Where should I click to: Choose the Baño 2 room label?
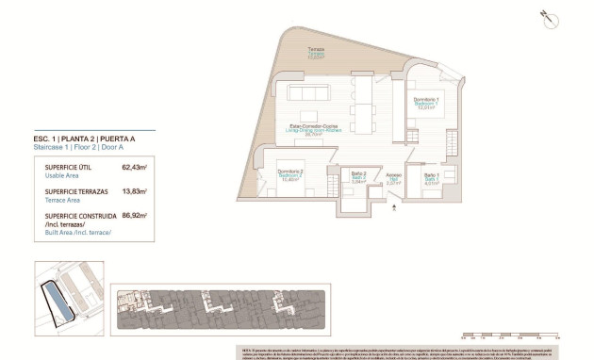pos(358,176)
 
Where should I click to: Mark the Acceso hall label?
pos(393,176)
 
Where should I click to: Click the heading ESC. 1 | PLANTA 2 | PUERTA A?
pos(84,139)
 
